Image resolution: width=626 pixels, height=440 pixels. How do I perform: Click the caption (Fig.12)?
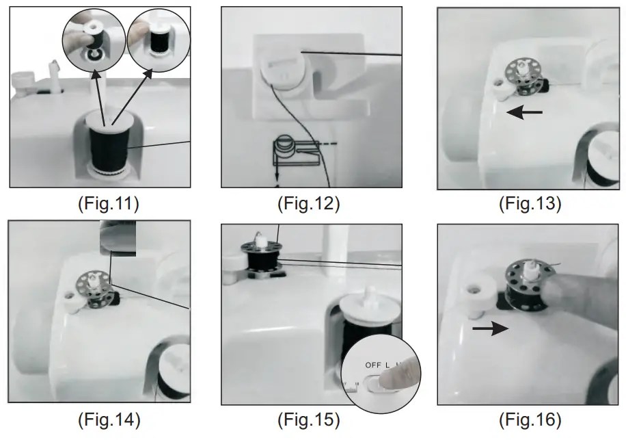(x=308, y=203)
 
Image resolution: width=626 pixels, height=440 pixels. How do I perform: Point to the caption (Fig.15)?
(x=308, y=419)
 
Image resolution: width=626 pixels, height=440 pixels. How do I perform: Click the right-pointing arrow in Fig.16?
(x=491, y=329)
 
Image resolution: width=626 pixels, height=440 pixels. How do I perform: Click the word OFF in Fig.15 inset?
(x=373, y=365)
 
